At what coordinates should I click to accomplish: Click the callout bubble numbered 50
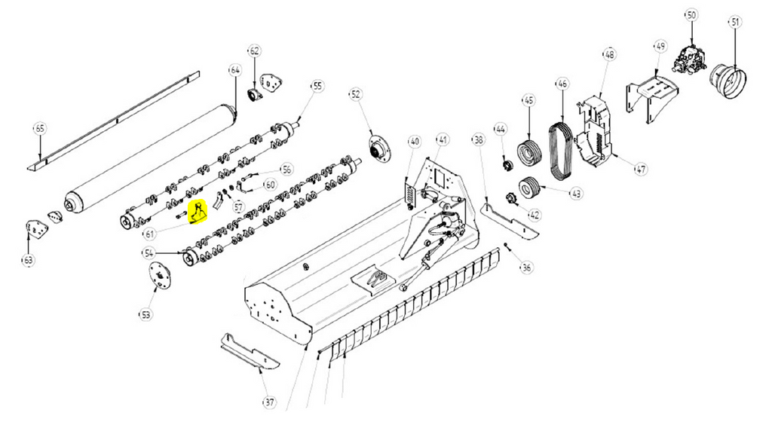point(691,14)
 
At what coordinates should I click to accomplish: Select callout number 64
point(234,70)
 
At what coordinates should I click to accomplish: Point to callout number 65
point(40,129)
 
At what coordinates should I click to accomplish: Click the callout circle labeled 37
point(268,402)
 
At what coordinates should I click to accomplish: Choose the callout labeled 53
point(145,313)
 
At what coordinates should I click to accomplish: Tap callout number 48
point(609,54)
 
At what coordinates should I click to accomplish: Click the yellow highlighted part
point(198,214)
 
